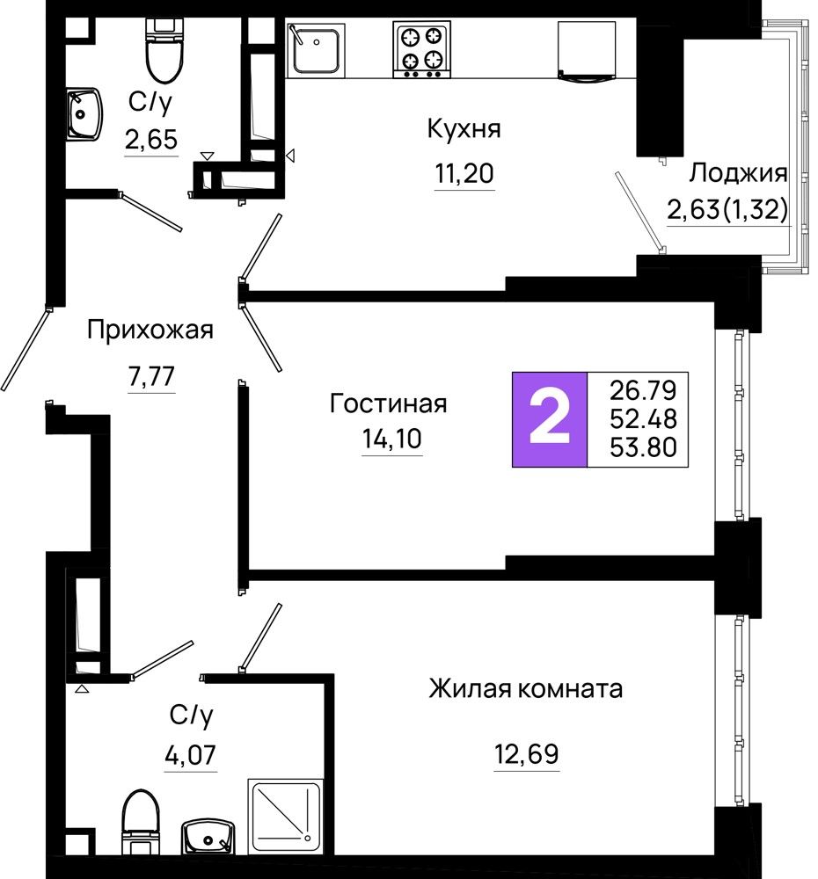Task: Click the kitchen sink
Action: point(315,49)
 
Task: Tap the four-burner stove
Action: point(421,49)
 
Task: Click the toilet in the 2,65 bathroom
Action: point(165,50)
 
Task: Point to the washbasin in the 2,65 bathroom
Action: point(84,113)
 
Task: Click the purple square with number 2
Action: point(550,419)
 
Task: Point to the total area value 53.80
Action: point(643,447)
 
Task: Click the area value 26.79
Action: point(643,390)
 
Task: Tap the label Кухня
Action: point(464,129)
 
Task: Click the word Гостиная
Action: point(388,403)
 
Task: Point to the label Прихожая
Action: point(150,331)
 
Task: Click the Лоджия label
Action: point(738,174)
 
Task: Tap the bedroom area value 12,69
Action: point(526,754)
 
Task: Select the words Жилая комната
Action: point(526,688)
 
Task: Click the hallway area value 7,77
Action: point(151,375)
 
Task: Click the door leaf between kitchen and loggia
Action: point(639,211)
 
